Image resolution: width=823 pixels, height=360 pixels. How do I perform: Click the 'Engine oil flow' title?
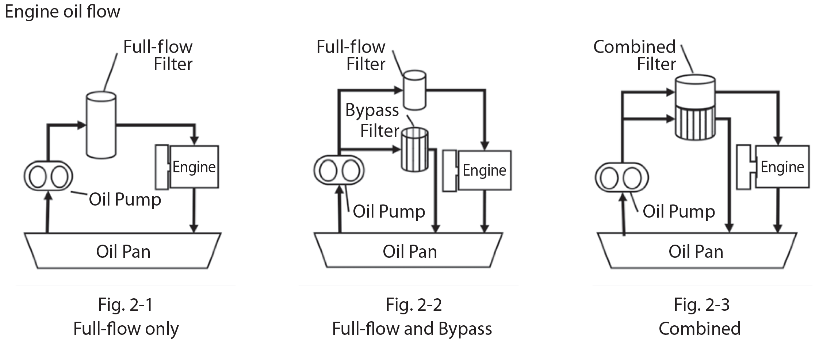pos(62,11)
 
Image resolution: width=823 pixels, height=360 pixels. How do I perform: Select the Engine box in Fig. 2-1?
pos(194,167)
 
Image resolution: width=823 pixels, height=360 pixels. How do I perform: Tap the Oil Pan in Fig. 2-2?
pos(409,251)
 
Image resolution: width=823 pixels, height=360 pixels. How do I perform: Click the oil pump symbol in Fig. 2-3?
pos(622,178)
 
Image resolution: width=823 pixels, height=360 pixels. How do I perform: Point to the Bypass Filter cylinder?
pos(414,150)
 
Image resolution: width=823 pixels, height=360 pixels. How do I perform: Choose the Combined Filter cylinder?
pos(695,108)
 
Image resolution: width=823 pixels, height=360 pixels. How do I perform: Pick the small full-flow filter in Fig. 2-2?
pos(414,90)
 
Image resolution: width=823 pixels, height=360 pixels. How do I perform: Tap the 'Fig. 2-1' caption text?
pos(125,305)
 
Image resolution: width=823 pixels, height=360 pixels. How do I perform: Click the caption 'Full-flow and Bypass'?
pos(412,329)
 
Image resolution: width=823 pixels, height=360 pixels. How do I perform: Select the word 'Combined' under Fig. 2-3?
pos(700,329)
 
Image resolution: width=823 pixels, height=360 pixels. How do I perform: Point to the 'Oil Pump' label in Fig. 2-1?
pos(125,199)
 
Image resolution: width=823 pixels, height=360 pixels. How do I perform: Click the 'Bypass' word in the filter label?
pos(372,110)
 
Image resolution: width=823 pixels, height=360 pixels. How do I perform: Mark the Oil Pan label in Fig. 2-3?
pos(696,252)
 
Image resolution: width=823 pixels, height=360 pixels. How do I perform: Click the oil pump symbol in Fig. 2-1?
pos(48,176)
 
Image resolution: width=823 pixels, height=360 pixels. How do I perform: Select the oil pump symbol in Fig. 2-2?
pos(339,170)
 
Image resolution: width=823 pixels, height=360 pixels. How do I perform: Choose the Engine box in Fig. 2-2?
pos(484,171)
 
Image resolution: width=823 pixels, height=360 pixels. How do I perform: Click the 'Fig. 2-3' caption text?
pos(701,305)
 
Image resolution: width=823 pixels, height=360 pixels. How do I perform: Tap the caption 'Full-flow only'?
pos(126,329)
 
